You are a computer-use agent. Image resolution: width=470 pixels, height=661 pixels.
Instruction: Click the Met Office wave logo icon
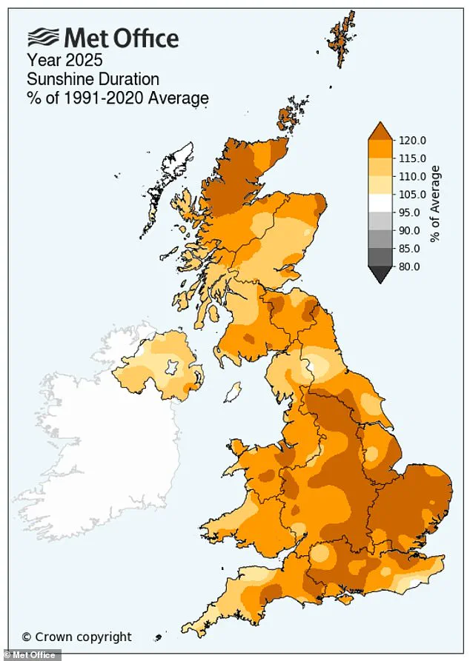(42, 38)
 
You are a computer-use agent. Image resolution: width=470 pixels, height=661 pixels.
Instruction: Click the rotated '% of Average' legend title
(436, 203)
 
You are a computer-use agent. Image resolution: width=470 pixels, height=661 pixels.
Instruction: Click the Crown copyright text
(76, 636)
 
